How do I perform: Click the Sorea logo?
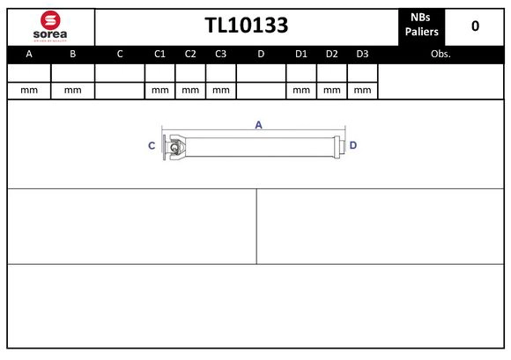click(x=49, y=26)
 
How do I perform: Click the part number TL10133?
click(x=246, y=26)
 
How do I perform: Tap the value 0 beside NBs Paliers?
click(x=475, y=26)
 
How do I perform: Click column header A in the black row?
click(x=29, y=54)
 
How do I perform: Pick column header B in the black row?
click(x=73, y=54)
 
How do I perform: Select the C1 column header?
click(x=159, y=54)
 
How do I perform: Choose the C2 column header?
click(x=190, y=54)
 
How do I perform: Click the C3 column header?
click(x=220, y=54)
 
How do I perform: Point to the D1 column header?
click(x=300, y=54)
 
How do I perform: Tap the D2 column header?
click(x=331, y=54)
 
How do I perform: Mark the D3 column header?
click(x=361, y=54)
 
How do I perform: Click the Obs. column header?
click(x=441, y=54)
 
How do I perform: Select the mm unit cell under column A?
click(x=29, y=90)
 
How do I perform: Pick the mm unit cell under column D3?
click(x=361, y=90)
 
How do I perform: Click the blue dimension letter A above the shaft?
click(x=258, y=125)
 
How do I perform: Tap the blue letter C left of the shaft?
click(x=152, y=145)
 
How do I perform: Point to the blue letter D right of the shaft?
click(x=352, y=145)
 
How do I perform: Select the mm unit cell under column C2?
click(x=190, y=90)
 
